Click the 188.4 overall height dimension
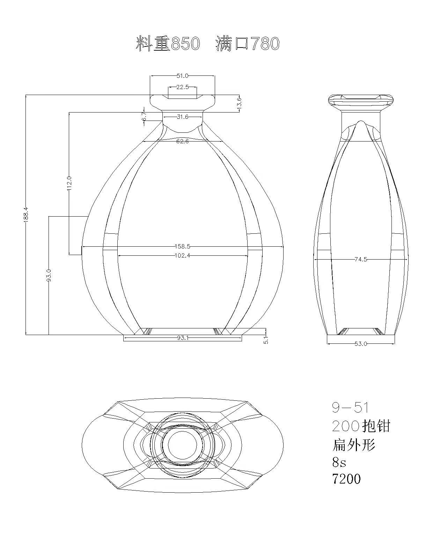pos(26,214)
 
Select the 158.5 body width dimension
pos(182,246)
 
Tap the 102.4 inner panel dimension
pos(182,256)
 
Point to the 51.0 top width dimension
pos(182,76)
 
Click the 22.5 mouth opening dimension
pos(182,87)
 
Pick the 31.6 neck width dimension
pos(182,117)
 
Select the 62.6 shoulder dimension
pos(182,141)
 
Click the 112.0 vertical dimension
pos(69,183)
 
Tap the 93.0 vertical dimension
pos(49,275)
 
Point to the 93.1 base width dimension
pos(183,338)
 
